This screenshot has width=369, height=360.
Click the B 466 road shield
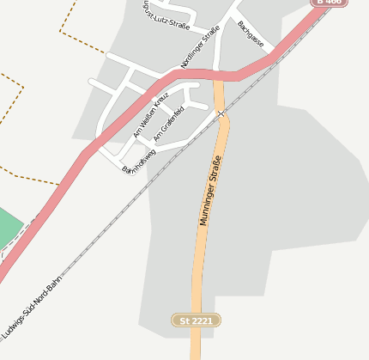pyautogui.click(x=329, y=3)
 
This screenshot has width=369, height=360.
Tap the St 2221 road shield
pyautogui.click(x=197, y=320)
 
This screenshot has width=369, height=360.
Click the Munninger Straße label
pyautogui.click(x=210, y=191)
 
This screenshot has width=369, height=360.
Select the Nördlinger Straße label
pyautogui.click(x=201, y=47)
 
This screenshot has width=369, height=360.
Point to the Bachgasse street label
pyautogui.click(x=251, y=34)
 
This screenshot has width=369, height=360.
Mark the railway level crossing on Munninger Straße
pyautogui.click(x=221, y=113)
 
